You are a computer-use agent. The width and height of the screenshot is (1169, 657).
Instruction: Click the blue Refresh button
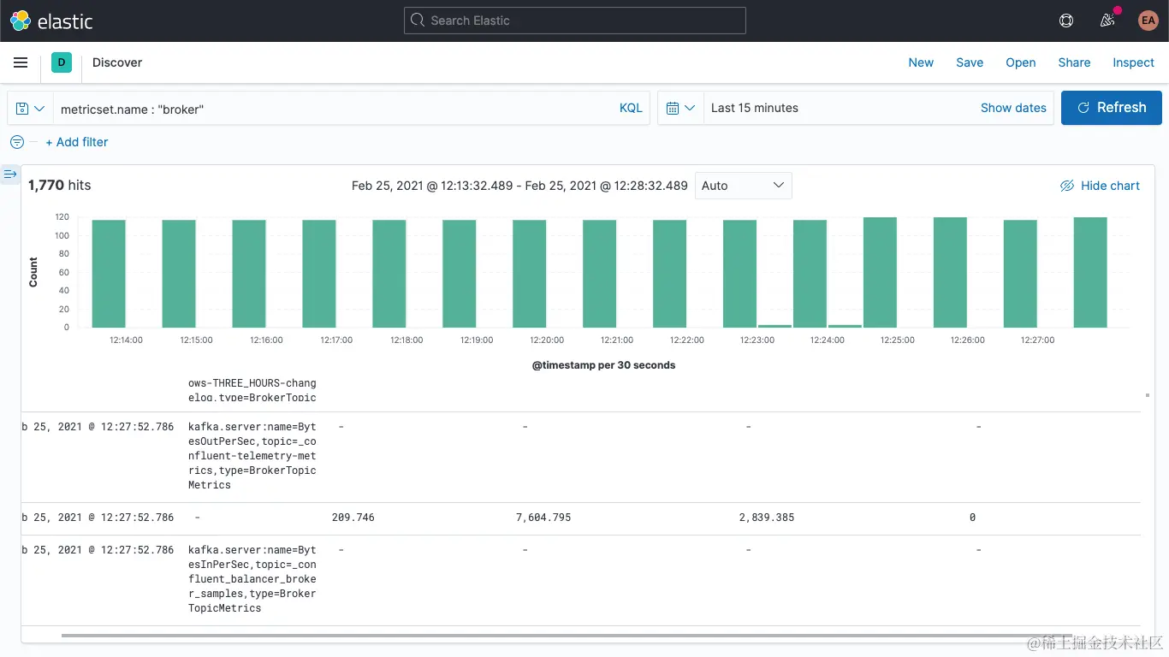coord(1111,108)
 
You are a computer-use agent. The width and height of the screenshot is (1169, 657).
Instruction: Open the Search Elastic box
coord(574,21)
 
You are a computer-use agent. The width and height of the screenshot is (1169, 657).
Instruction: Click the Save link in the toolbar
coord(969,62)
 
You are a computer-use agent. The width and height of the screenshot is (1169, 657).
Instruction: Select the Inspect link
coord(1133,62)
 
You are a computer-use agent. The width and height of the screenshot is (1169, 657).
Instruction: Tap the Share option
coord(1073,62)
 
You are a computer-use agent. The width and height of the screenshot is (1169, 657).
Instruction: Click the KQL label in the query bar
coord(630,108)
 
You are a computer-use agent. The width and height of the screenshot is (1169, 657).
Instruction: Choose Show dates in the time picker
coord(1012,108)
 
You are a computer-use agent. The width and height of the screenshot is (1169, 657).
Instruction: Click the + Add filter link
coord(76,142)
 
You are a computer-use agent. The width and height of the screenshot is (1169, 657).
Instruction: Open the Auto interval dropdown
coord(743,186)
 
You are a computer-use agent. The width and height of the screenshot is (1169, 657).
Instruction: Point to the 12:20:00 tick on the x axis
coord(547,340)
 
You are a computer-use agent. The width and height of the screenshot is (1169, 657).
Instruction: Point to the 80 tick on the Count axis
coord(62,254)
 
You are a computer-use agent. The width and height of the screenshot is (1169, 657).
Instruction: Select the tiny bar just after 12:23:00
coord(774,326)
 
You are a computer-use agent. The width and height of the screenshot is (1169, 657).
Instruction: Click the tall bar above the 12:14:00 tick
coord(109,274)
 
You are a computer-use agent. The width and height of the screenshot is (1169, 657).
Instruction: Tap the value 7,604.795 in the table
coord(543,518)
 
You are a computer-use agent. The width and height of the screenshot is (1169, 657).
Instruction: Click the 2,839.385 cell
coord(766,518)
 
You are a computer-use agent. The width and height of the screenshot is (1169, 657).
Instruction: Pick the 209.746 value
coord(353,518)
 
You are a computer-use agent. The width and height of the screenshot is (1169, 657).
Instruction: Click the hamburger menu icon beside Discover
coord(21,62)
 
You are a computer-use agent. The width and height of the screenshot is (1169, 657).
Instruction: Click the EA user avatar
coord(1148,21)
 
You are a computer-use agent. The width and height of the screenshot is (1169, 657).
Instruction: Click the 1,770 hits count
coord(59,186)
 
